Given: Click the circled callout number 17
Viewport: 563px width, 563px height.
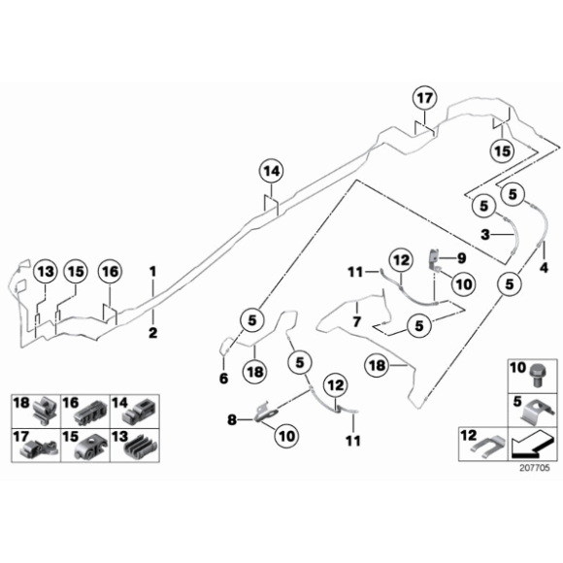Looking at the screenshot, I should (x=424, y=99).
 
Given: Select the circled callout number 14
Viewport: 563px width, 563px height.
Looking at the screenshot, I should (x=271, y=172).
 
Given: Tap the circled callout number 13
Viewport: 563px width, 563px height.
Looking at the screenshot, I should (x=44, y=272).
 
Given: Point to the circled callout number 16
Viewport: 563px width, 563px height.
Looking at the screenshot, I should (x=110, y=272).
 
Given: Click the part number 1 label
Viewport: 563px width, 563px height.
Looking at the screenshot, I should (x=152, y=268).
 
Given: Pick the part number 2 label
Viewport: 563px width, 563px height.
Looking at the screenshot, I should (x=152, y=332).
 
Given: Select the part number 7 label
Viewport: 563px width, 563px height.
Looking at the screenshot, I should (x=356, y=319).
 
